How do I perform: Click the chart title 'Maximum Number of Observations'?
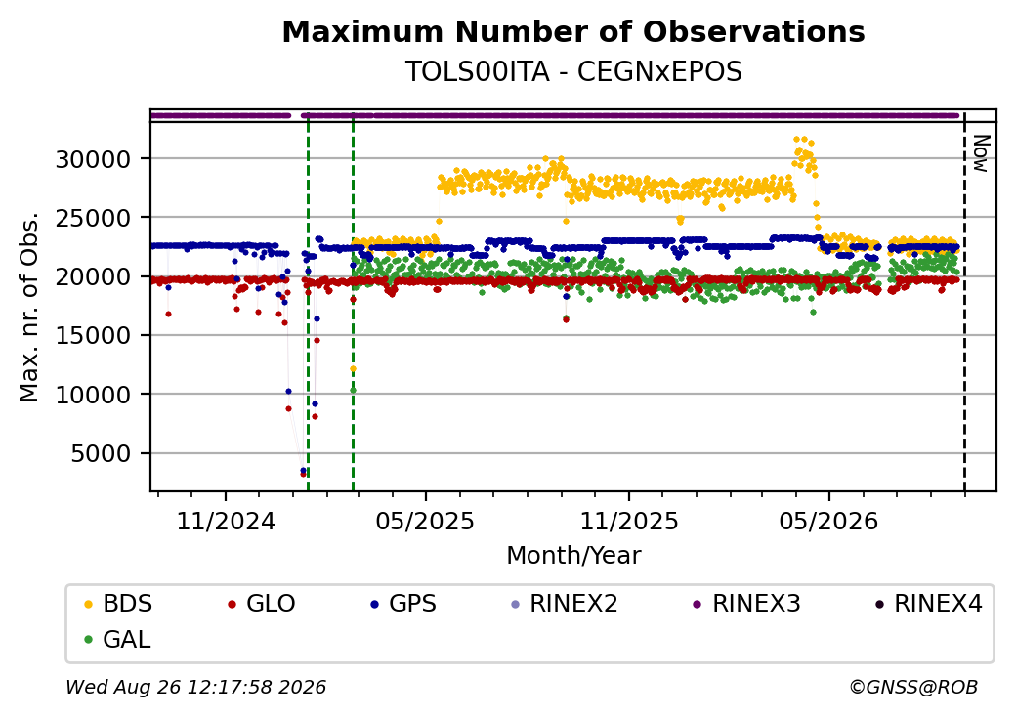[x=573, y=31]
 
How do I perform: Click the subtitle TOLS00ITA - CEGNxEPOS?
[x=573, y=71]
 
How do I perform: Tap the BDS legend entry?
[x=118, y=604]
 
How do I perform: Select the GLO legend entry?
[x=262, y=604]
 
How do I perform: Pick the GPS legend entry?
[x=403, y=604]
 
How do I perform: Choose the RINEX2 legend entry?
[x=565, y=604]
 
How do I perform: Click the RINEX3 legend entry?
[x=747, y=604]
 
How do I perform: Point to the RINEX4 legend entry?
[x=928, y=604]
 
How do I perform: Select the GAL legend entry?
[x=118, y=639]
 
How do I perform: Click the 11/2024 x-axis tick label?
[x=226, y=521]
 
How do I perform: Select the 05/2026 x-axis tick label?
[x=828, y=521]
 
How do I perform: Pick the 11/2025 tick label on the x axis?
[x=628, y=521]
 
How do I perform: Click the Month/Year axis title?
[x=573, y=555]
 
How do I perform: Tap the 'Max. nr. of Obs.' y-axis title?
[x=29, y=307]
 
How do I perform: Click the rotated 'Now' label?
[x=981, y=153]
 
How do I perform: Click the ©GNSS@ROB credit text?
[x=913, y=687]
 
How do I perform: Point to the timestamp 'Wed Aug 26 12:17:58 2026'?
[x=195, y=687]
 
